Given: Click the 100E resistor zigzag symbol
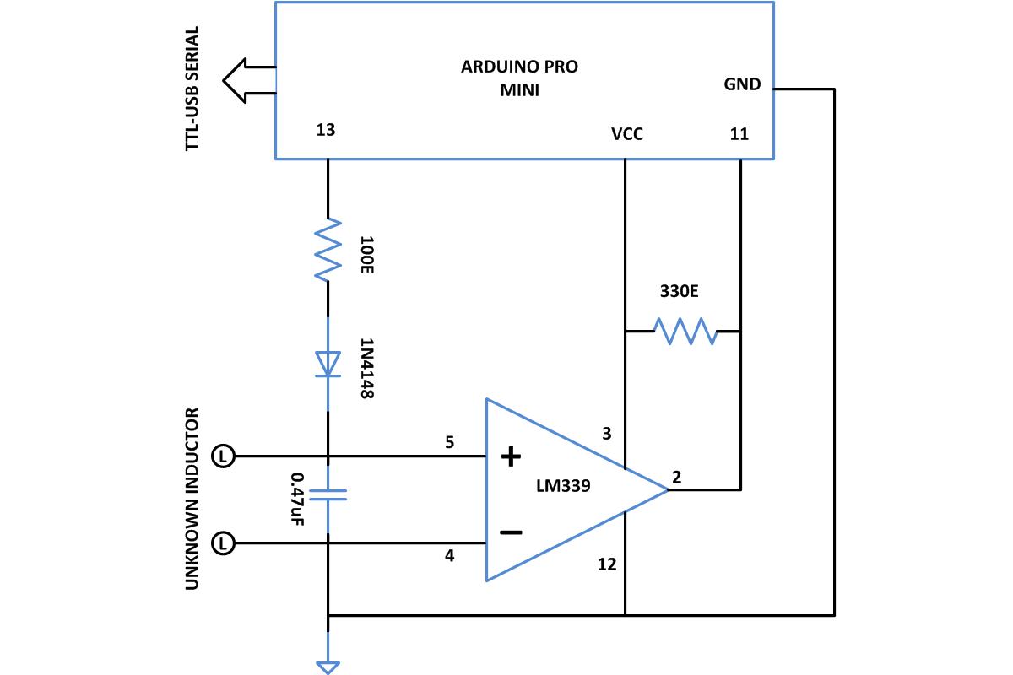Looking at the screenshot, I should (x=328, y=250).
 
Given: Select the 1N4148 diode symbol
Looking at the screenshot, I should (x=328, y=364).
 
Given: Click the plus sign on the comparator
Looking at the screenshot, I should (x=511, y=457).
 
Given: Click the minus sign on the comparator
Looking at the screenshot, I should (x=511, y=532).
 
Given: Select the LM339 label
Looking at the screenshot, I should (x=563, y=487).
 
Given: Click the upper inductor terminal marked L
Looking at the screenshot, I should (x=222, y=456).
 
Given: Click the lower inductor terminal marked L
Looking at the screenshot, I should (x=222, y=543).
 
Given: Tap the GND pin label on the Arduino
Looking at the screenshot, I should (x=742, y=84).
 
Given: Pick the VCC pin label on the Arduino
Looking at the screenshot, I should (x=627, y=133).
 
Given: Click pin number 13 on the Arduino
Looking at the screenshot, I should (x=325, y=130).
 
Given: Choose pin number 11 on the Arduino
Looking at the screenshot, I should (x=739, y=133).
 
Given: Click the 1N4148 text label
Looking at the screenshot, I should (x=366, y=369).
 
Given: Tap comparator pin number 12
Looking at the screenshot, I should (x=607, y=564).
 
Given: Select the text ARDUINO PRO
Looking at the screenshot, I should (x=519, y=67).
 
